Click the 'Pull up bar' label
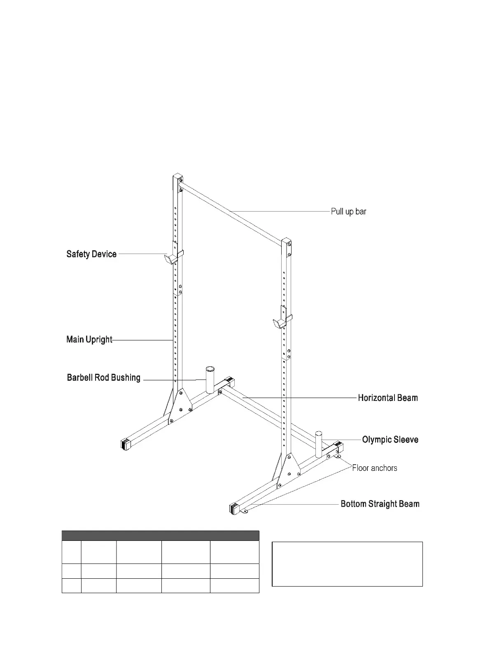click(x=348, y=212)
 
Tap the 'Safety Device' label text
click(x=91, y=254)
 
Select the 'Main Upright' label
click(x=89, y=340)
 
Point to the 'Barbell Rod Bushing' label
click(x=104, y=378)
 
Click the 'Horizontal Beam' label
click(x=388, y=398)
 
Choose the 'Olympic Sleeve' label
click(x=390, y=440)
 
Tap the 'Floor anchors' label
click(x=375, y=468)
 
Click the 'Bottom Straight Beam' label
click(x=380, y=504)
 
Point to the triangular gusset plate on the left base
click(x=180, y=406)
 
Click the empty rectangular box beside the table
click(x=347, y=564)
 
